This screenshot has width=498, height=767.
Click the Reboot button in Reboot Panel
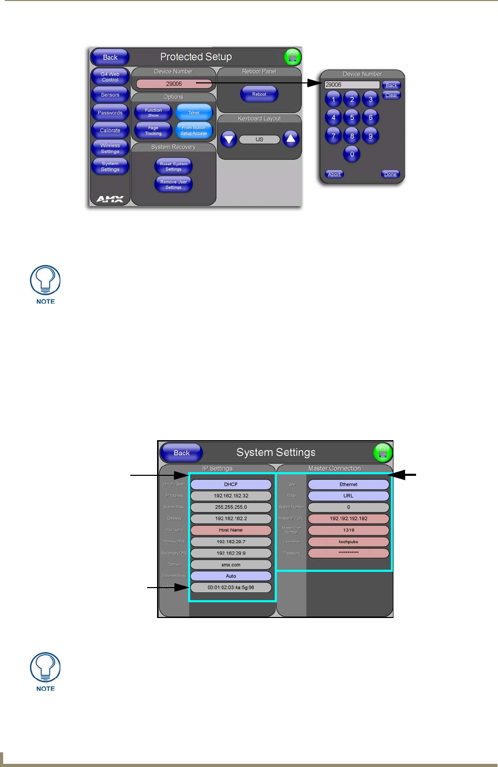[259, 94]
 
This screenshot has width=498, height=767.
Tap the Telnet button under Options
[194, 112]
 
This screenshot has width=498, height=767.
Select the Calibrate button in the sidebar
[110, 131]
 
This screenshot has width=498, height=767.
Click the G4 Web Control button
[110, 77]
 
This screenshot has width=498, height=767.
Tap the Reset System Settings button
[173, 166]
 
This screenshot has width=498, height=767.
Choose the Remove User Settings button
[173, 184]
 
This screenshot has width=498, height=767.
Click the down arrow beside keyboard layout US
[228, 140]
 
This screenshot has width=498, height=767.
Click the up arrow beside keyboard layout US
[291, 139]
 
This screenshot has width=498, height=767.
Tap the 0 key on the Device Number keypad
[352, 154]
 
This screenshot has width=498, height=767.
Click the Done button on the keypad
[390, 174]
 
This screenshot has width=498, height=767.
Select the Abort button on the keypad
[335, 174]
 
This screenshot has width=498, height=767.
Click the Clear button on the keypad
[391, 95]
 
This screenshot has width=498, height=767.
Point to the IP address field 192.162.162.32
[231, 496]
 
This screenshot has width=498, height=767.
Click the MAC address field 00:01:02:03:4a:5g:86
[231, 588]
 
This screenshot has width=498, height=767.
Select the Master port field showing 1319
[348, 530]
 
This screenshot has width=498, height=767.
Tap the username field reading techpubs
[348, 541]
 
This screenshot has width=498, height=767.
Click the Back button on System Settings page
[182, 453]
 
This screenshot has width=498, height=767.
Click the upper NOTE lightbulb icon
[46, 281]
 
